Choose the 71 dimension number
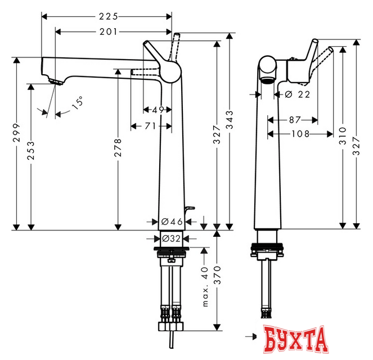pyautogui.click(x=150, y=126)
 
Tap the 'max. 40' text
pyautogui.click(x=206, y=287)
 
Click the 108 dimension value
pyautogui.click(x=299, y=133)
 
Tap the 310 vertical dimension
pyautogui.click(x=343, y=133)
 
